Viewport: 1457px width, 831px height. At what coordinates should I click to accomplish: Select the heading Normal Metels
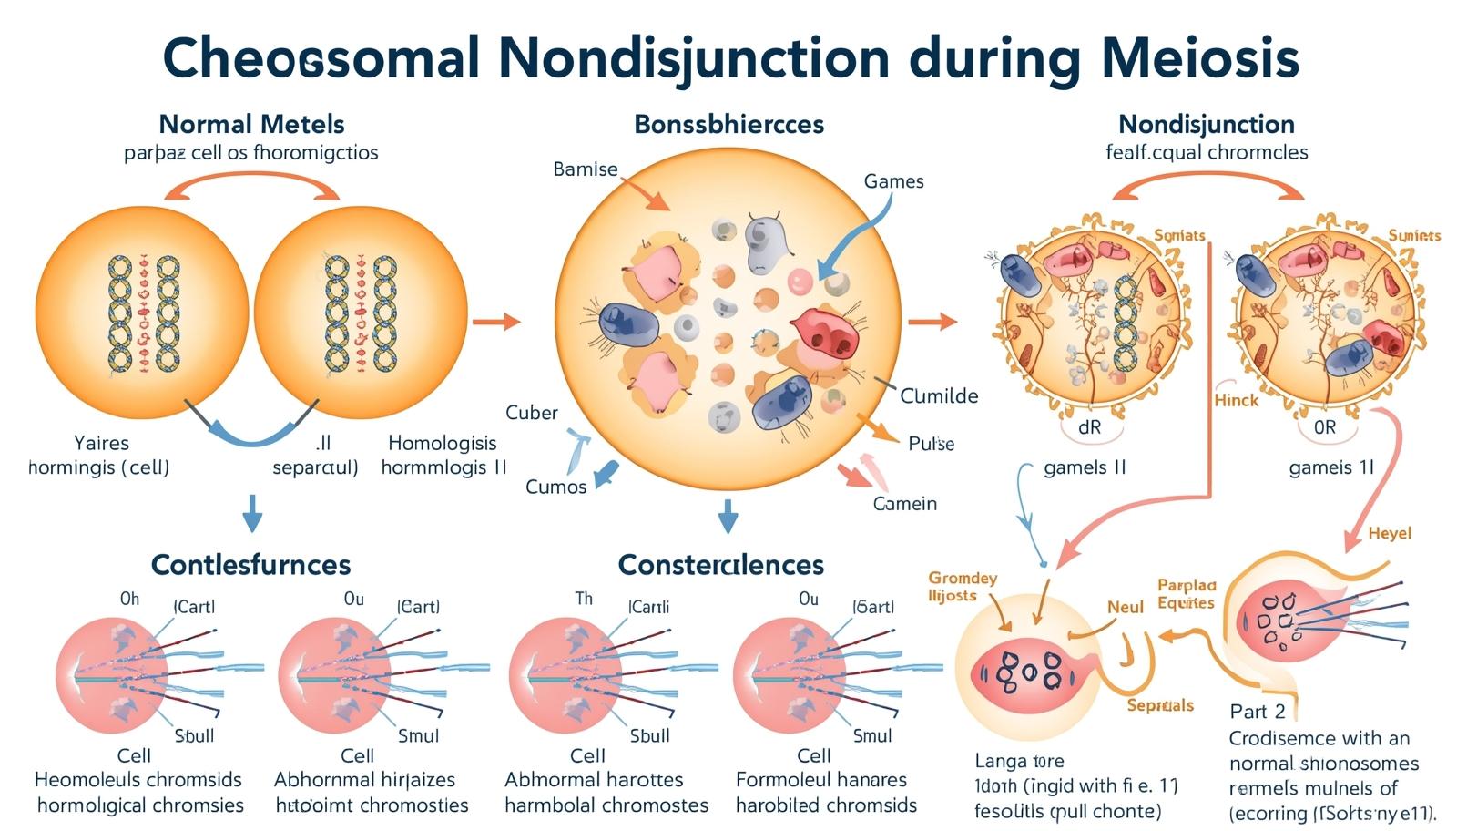[251, 124]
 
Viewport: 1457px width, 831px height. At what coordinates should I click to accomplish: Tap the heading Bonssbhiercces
[728, 124]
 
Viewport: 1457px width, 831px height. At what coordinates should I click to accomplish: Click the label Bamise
[585, 169]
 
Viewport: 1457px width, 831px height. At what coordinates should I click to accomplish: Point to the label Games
[893, 181]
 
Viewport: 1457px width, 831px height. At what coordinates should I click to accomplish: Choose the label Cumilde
[939, 396]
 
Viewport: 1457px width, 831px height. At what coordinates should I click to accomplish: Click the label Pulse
[931, 444]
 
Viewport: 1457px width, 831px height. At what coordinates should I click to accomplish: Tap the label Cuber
[531, 413]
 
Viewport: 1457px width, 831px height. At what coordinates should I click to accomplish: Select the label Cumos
[555, 487]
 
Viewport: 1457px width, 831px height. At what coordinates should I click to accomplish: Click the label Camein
[904, 504]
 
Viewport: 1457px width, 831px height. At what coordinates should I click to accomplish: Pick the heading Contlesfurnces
[250, 565]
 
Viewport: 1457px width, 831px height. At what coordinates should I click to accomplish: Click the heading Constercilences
[720, 565]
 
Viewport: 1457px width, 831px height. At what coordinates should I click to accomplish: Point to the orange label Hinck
[1236, 400]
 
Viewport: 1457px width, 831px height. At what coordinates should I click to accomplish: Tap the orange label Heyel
[1390, 533]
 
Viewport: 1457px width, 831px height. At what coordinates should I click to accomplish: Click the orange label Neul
[1125, 607]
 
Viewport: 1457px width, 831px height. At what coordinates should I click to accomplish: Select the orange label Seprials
[1159, 705]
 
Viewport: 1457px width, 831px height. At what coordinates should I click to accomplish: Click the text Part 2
[1257, 712]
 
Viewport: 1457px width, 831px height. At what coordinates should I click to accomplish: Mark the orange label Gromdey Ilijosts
[962, 587]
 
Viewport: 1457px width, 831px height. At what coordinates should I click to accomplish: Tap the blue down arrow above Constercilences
[727, 516]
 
